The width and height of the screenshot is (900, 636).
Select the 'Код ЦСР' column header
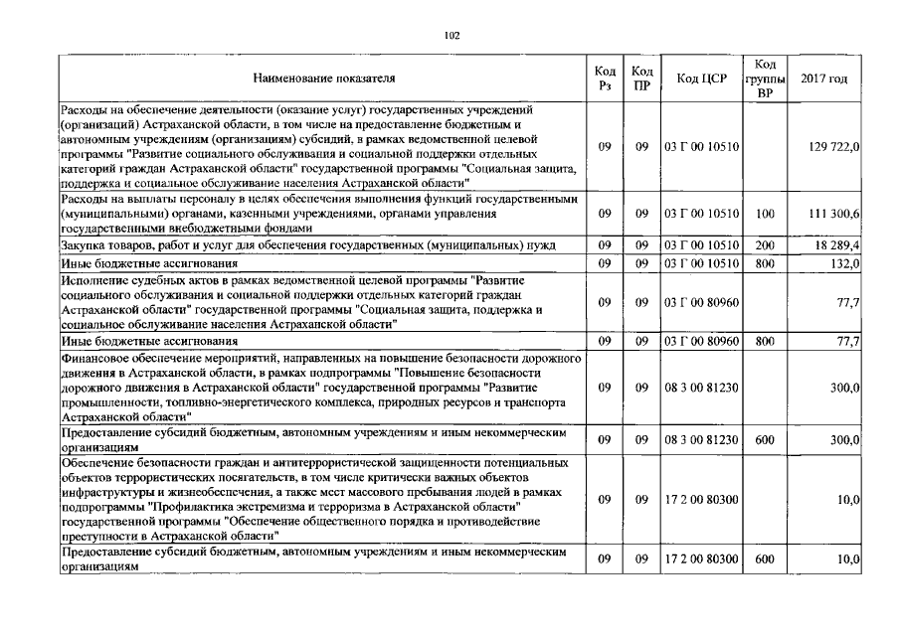point(702,79)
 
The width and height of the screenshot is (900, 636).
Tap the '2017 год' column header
point(823,79)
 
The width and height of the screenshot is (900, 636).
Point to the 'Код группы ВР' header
point(766,79)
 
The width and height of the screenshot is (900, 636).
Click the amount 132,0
point(845,263)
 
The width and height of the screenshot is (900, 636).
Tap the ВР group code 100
point(765,215)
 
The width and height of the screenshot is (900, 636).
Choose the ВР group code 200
point(765,244)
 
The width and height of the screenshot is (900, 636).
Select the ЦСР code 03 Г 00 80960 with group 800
point(702,341)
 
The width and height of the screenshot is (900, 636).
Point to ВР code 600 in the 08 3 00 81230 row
point(765,439)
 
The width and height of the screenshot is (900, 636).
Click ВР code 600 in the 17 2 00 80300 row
point(765,559)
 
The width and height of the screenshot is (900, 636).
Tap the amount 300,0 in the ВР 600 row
point(845,439)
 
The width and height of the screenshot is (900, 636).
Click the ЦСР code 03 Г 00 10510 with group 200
point(702,244)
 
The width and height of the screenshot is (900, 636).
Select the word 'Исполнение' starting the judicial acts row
point(92,282)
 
